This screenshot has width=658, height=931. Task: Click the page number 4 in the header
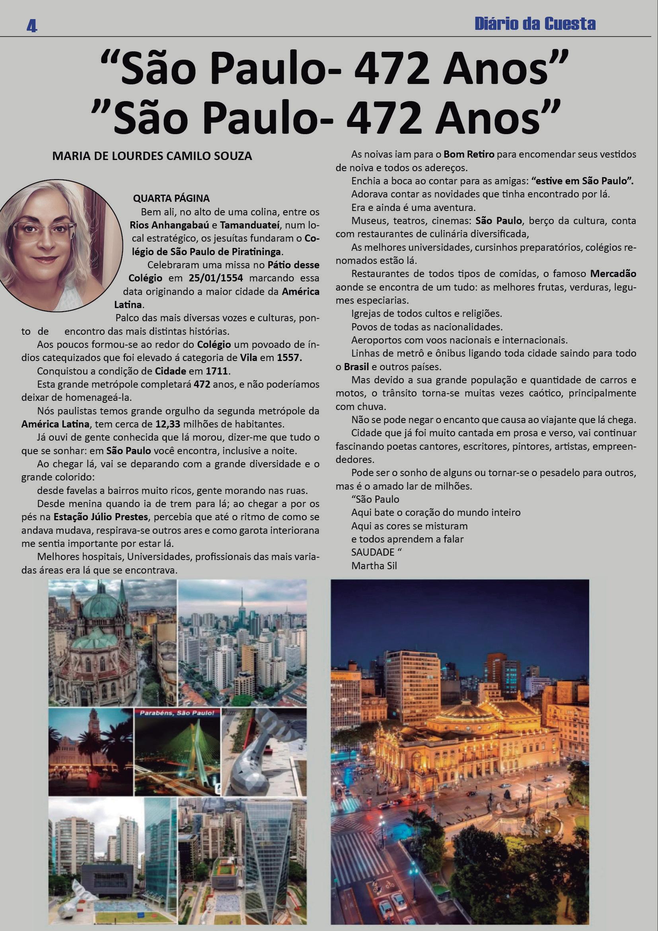[31, 26]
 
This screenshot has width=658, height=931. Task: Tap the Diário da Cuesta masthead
[535, 24]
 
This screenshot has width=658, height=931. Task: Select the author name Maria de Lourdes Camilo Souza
[152, 156]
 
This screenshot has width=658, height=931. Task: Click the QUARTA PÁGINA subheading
[171, 198]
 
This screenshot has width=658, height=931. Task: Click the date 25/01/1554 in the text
[216, 278]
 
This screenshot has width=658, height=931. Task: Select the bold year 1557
[289, 358]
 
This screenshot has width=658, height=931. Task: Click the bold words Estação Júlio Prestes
[101, 517]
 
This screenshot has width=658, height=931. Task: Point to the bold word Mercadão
[613, 274]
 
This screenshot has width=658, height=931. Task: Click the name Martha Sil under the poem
[374, 565]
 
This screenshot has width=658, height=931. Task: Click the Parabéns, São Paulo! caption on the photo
[177, 713]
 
